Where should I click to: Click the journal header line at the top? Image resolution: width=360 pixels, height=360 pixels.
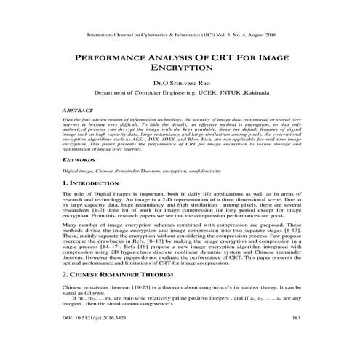pos(180,33)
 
